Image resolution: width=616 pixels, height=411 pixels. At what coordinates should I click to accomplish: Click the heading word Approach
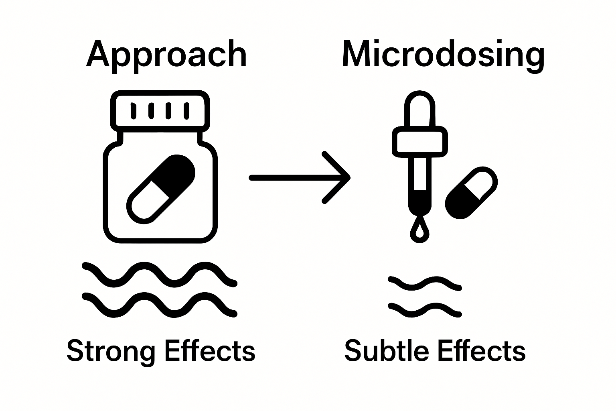[166, 55]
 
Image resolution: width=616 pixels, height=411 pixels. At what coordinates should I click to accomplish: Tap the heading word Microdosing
[443, 55]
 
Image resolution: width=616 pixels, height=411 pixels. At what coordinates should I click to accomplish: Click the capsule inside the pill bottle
[161, 188]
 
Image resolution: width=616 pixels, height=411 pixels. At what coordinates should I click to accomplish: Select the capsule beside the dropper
[472, 193]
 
